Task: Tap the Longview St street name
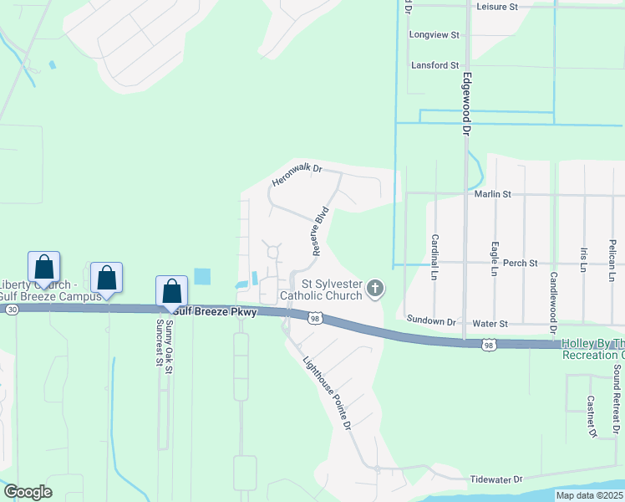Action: click(434, 35)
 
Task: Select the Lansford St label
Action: click(434, 65)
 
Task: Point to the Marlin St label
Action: click(493, 194)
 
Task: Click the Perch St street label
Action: click(521, 263)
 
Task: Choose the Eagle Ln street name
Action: click(495, 259)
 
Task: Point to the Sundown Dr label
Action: click(431, 320)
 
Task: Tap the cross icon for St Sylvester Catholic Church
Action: click(376, 289)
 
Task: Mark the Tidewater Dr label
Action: click(495, 479)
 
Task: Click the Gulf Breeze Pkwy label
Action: click(216, 311)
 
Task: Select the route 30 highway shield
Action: click(11, 309)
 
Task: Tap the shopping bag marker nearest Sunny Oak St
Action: click(171, 291)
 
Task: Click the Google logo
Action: click(28, 492)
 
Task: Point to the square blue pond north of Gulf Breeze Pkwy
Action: click(202, 275)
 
